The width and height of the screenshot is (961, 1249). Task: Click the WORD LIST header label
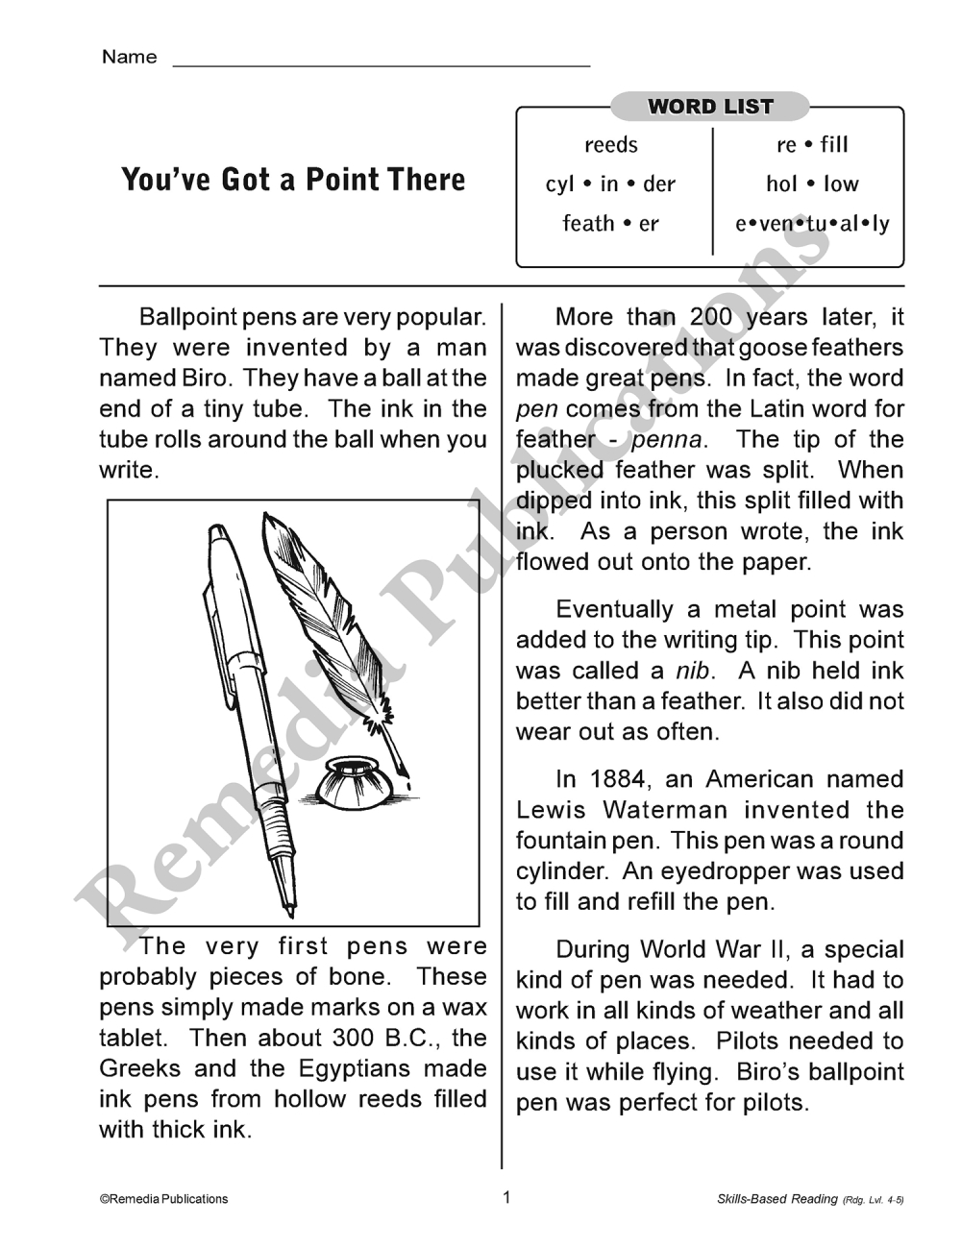tap(710, 107)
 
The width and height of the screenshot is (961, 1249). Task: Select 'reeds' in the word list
tap(611, 145)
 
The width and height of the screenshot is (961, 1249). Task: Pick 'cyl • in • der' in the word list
tap(611, 184)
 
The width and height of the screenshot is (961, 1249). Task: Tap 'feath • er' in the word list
tap(611, 224)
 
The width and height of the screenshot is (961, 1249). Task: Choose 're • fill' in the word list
tap(812, 145)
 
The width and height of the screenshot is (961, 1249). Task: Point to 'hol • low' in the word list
tap(812, 184)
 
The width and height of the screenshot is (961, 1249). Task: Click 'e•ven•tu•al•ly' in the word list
tap(812, 224)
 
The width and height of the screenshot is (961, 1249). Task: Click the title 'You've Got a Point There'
tap(293, 180)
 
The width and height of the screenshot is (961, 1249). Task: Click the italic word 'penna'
tap(667, 440)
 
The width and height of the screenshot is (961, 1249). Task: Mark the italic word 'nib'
tap(692, 671)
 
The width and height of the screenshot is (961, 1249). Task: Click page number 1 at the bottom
tap(507, 1197)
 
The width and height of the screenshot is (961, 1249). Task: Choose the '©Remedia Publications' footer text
tap(163, 1199)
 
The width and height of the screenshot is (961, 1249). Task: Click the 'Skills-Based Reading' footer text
tap(776, 1199)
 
